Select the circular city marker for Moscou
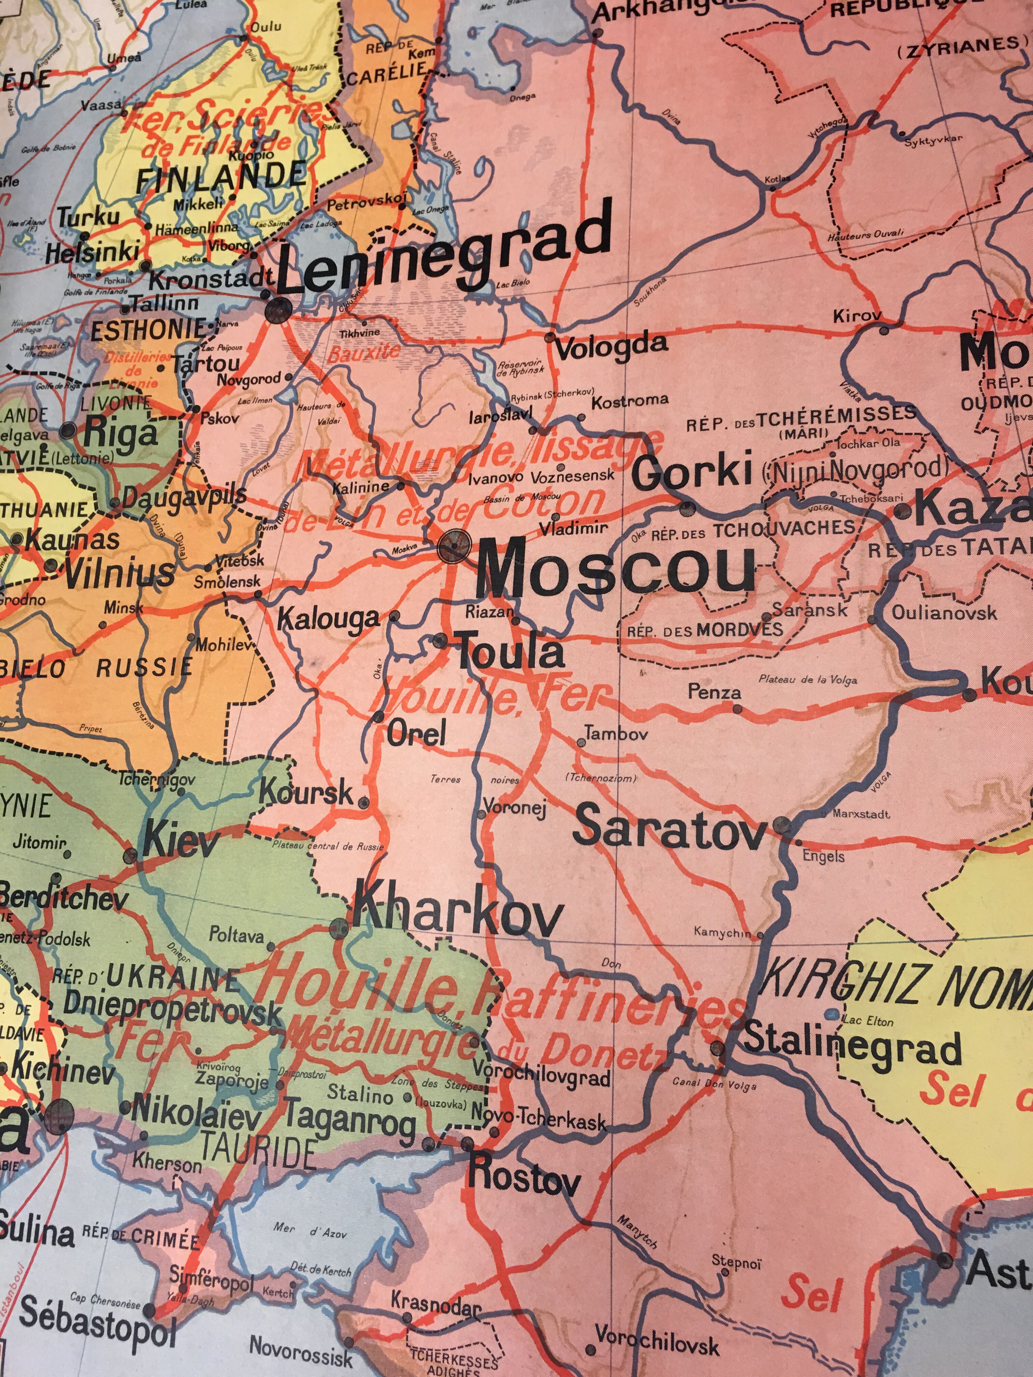[453, 546]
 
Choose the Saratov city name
[669, 828]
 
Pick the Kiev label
[181, 844]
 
